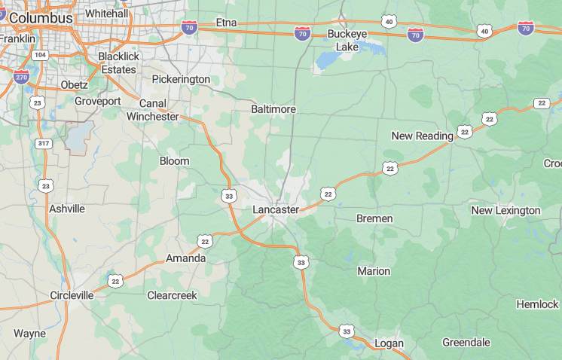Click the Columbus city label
tap(41, 17)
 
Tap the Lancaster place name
tap(276, 209)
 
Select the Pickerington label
tap(181, 79)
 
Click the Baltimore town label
tap(273, 109)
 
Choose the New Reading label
tap(423, 136)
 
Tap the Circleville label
tap(72, 295)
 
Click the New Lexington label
tap(506, 210)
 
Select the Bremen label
tap(374, 218)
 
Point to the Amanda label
tap(185, 258)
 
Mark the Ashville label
tap(67, 209)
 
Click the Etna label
tap(226, 23)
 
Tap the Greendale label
tap(466, 342)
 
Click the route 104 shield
tap(40, 55)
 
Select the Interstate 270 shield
tap(21, 76)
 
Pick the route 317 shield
tap(43, 143)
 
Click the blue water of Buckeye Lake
tap(329, 59)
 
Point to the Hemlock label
tap(537, 304)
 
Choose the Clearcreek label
tap(172, 295)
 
